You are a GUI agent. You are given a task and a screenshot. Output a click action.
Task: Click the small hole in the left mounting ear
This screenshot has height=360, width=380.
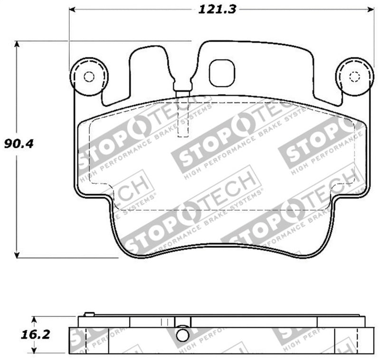[x=88, y=77]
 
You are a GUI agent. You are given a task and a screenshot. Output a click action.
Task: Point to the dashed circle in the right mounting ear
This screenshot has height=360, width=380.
[x=354, y=77]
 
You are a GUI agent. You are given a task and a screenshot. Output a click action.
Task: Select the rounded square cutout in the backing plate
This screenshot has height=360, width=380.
[x=222, y=73]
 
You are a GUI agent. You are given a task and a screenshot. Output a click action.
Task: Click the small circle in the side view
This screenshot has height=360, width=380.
[x=181, y=335]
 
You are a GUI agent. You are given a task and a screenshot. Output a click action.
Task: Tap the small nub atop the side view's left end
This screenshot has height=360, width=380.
[x=88, y=314]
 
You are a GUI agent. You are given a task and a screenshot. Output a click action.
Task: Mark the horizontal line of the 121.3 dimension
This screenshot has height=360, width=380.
[x=142, y=9]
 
